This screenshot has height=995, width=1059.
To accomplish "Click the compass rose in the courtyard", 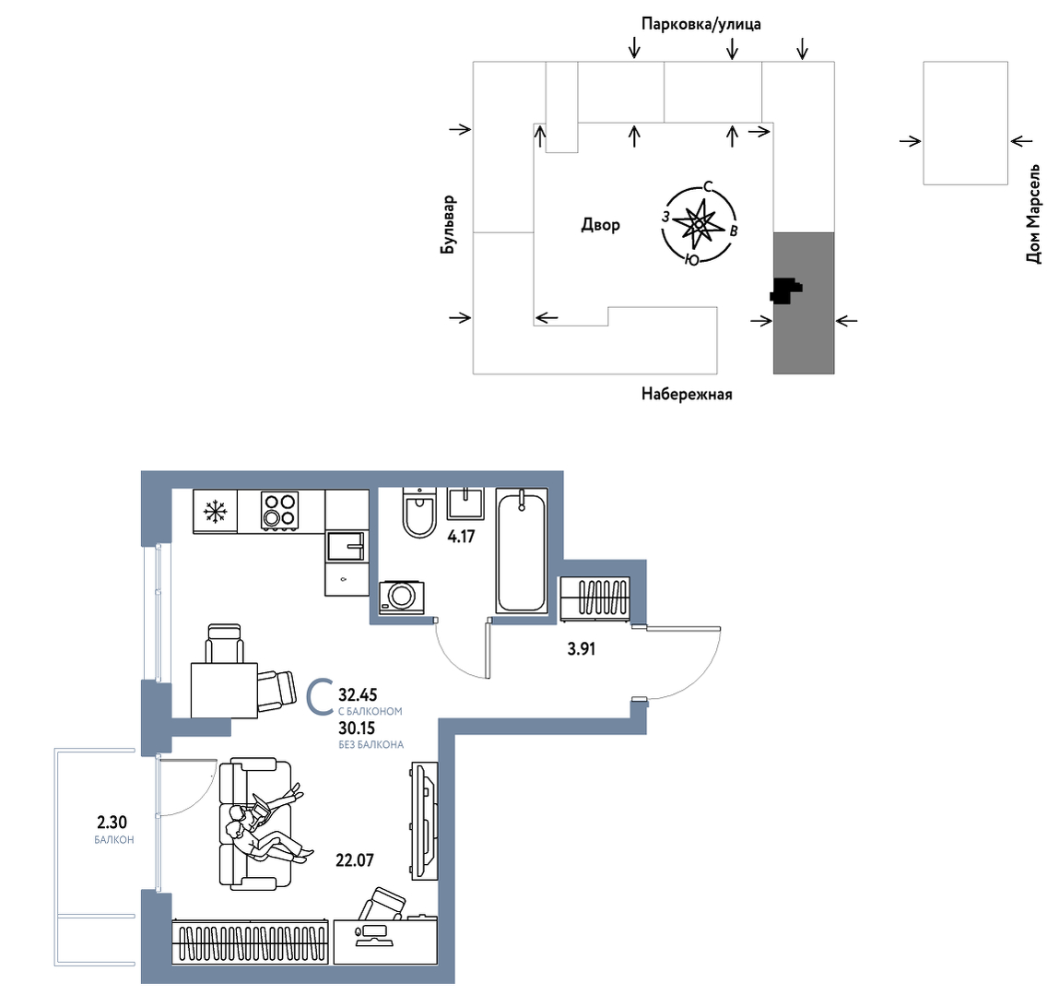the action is click(699, 223).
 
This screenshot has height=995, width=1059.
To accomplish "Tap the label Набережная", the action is click(687, 394).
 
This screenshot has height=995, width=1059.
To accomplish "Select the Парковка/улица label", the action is click(701, 24).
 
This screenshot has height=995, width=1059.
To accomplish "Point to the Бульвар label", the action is click(448, 225).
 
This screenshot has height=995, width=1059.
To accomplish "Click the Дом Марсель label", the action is click(1032, 213).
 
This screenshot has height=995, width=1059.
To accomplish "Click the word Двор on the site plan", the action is click(600, 224).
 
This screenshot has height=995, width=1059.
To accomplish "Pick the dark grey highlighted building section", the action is click(804, 302).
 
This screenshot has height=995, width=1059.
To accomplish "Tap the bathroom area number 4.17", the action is click(461, 537).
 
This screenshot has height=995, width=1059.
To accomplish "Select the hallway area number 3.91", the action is click(581, 649).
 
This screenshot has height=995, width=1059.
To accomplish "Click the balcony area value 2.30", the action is click(112, 822).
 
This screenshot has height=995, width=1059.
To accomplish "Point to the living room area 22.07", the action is click(355, 860).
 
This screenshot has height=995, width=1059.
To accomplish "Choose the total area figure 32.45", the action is click(358, 694).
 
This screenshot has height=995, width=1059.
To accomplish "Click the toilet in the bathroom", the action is click(419, 513).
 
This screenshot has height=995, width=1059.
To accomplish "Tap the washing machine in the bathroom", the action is click(402, 597).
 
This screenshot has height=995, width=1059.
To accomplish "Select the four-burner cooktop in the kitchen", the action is click(280, 510).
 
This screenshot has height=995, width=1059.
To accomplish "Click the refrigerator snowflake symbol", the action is click(215, 512).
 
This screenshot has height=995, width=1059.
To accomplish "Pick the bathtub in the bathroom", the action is click(522, 551).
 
